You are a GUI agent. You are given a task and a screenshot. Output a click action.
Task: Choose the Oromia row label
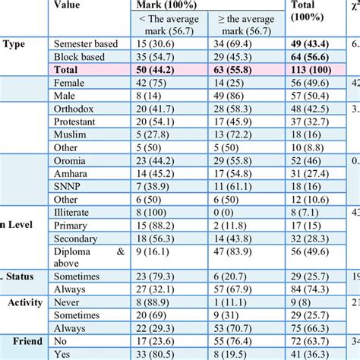(74, 161)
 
